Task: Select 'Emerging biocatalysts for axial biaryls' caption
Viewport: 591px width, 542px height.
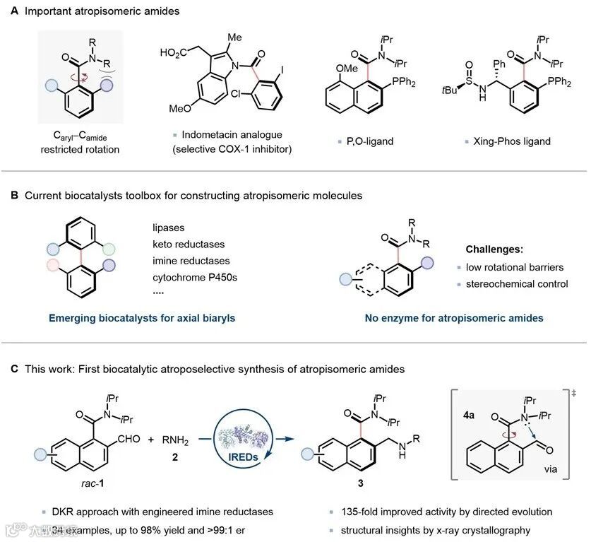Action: pos(142,318)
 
